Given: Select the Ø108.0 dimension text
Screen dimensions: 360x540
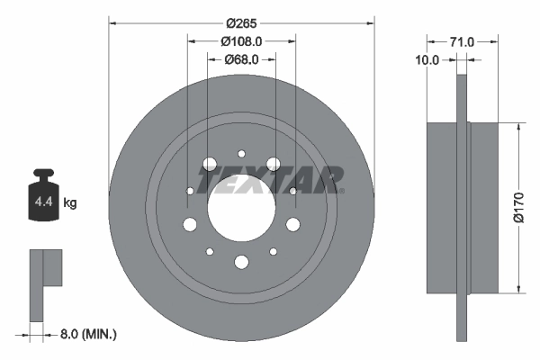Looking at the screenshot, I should coord(240,40).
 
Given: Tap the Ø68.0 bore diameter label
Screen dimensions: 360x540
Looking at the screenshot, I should coord(240,59).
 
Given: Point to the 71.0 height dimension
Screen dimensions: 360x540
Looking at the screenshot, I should coord(462,41).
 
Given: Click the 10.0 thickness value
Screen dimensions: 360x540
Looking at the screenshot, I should coord(428,60).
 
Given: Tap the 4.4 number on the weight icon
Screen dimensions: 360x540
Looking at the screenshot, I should coord(42,203).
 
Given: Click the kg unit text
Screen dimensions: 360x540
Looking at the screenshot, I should coord(70,203).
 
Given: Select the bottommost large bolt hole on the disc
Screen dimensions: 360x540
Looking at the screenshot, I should coord(240,262).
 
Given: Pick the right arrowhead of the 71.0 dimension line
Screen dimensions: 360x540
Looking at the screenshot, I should coord(498,41).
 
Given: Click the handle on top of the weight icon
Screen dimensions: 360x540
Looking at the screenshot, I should coord(42,175).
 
